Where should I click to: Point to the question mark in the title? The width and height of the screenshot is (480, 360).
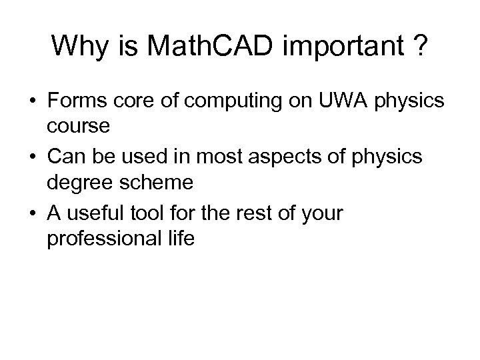[x=420, y=46]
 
